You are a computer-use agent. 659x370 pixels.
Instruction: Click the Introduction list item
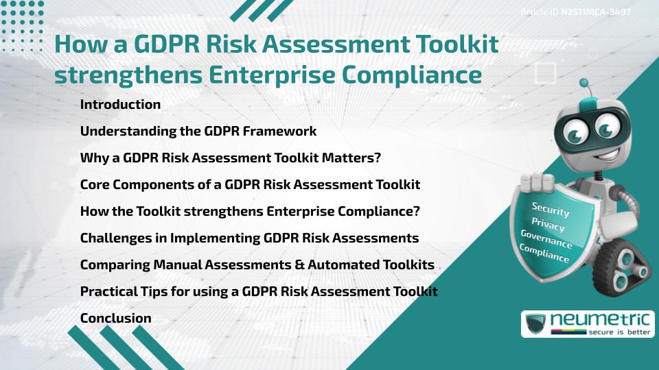tap(120, 105)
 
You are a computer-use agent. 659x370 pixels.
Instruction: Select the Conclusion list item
tap(115, 318)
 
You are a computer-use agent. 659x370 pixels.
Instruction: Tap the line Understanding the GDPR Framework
tap(198, 132)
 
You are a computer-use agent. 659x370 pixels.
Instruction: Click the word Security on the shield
tap(551, 210)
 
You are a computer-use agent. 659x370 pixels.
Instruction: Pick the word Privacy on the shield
tap(548, 225)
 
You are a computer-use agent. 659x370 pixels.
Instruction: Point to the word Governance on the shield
tap(546, 240)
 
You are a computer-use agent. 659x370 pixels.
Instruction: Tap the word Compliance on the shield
tap(544, 254)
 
